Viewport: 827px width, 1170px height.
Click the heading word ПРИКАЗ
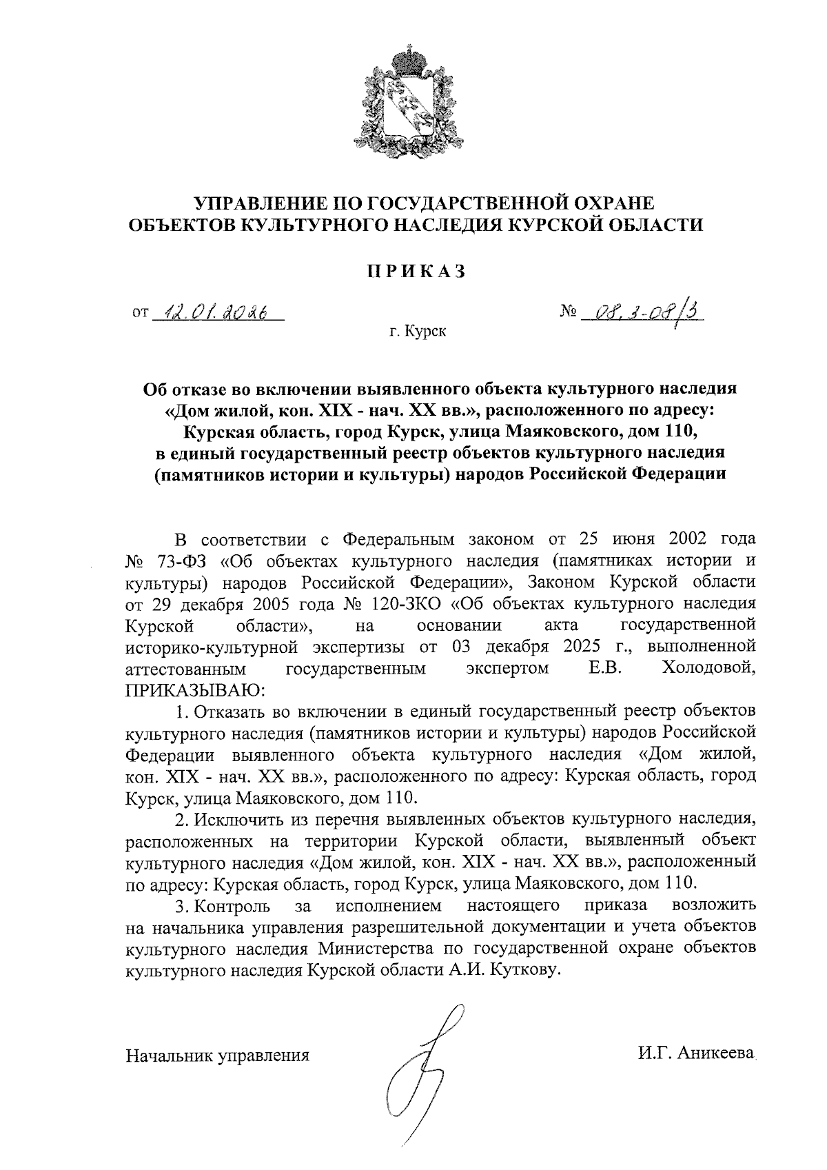[x=416, y=271]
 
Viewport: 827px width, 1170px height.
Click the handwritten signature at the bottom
[x=422, y=1076]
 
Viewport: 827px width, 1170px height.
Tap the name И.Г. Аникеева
[x=696, y=1053]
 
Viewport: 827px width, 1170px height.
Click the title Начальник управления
[x=216, y=1055]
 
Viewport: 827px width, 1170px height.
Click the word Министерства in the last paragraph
[x=377, y=947]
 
